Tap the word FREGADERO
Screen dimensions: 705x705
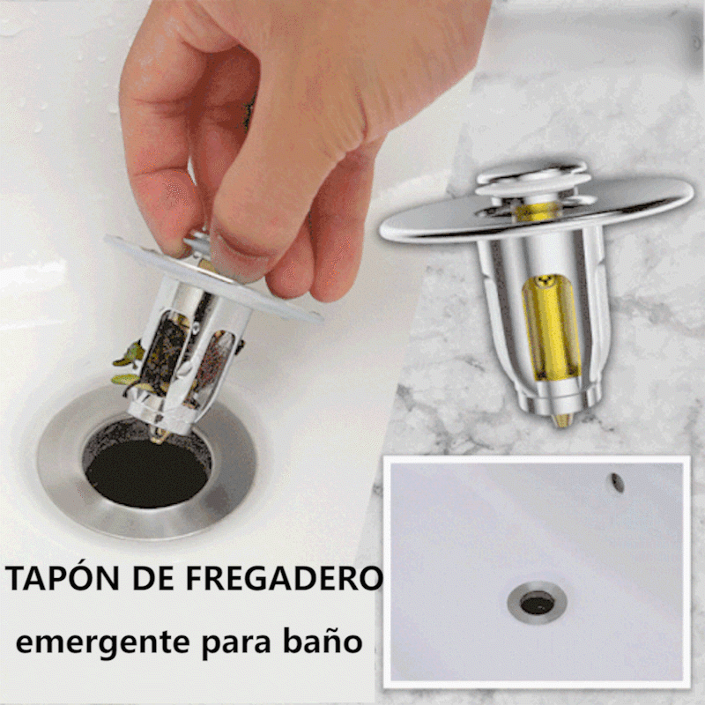point(284,578)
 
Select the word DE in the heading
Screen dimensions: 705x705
point(152,578)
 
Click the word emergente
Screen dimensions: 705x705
point(102,643)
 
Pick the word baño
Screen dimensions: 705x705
point(323,640)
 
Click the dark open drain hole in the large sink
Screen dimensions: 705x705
point(146,472)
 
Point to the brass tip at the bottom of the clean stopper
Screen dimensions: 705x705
point(562,420)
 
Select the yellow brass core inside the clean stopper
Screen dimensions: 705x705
point(550,328)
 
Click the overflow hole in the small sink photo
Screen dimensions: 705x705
point(618,482)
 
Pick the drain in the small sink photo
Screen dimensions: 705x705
point(538,603)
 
